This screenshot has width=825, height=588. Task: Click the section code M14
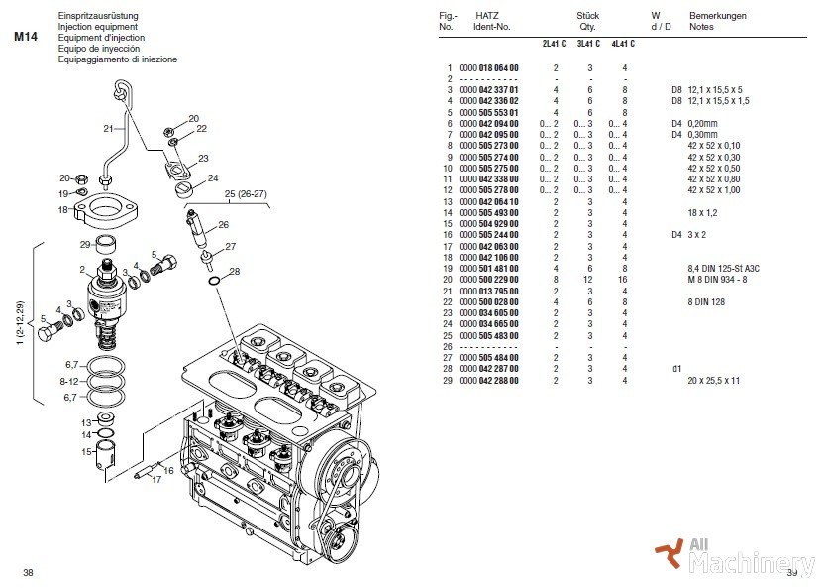click(x=26, y=37)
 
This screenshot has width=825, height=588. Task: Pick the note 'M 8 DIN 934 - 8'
click(x=718, y=280)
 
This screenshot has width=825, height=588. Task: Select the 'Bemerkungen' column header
click(x=718, y=16)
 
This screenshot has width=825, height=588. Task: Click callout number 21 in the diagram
click(x=108, y=129)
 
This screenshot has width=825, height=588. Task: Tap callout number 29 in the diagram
click(x=86, y=244)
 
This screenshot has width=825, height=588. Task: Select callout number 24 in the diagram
click(x=213, y=178)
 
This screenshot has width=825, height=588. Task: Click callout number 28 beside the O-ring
click(x=235, y=271)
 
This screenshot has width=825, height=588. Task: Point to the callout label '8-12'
click(x=68, y=381)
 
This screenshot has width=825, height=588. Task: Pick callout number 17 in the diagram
click(x=155, y=481)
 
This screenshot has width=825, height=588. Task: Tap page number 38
click(x=28, y=572)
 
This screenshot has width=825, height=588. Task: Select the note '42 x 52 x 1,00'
click(x=713, y=189)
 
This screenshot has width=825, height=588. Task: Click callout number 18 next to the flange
click(x=61, y=210)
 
